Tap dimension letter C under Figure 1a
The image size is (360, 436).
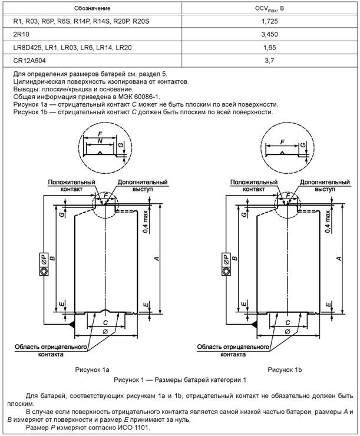point(104,323)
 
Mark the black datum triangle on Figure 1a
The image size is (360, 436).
point(71,323)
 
